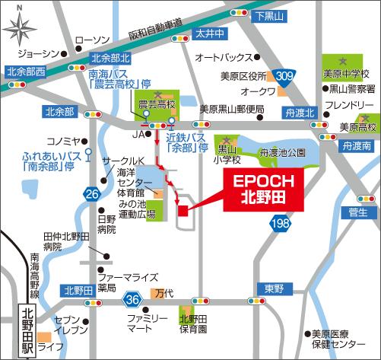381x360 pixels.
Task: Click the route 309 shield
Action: click(283, 75)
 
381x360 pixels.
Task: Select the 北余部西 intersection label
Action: click(24, 72)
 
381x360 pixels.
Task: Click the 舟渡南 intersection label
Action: click(356, 145)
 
